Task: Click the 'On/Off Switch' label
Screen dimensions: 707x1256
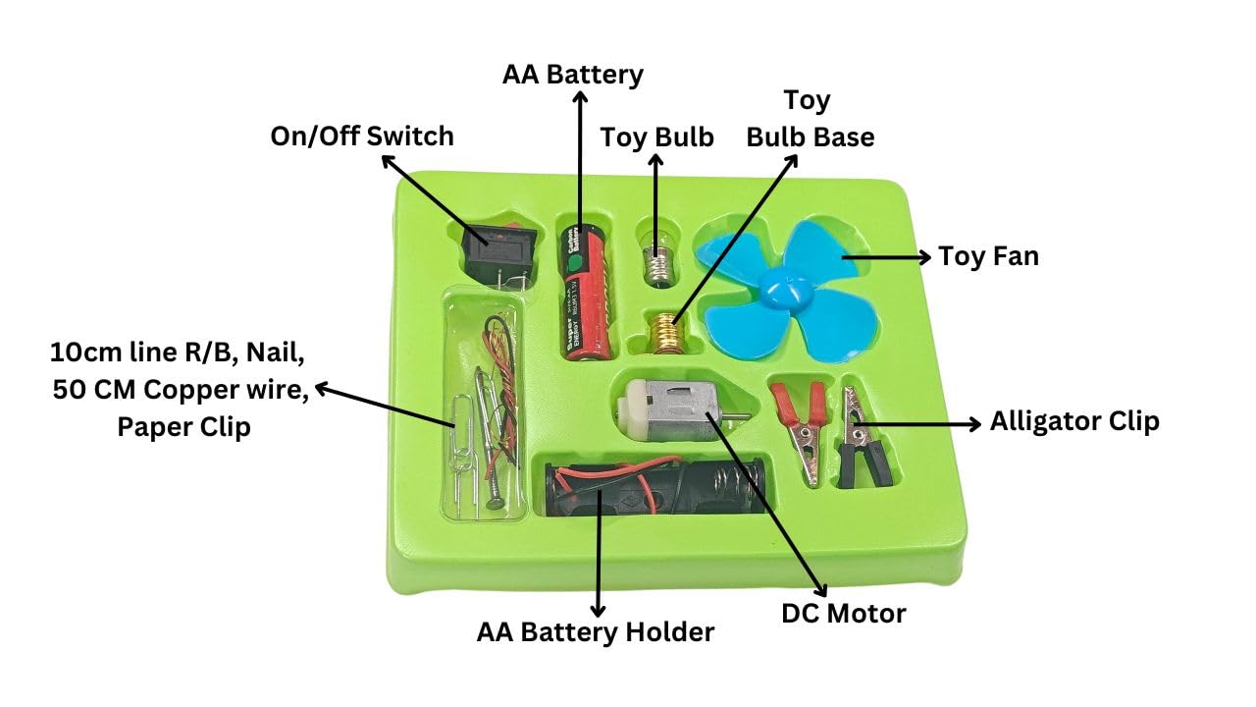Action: pos(362,136)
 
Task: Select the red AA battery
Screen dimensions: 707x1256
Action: pos(580,291)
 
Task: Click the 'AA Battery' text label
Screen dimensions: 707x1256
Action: pos(573,75)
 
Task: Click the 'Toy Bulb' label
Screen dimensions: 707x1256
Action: pos(656,136)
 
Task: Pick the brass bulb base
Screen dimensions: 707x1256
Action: pos(668,333)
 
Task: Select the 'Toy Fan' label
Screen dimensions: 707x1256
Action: pos(988,256)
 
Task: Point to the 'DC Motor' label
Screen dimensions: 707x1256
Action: pos(843,614)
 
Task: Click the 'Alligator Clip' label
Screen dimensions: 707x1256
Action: pos(1074,421)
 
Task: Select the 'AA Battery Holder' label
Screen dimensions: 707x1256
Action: pos(596,632)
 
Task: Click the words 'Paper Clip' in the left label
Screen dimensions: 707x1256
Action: pos(183,427)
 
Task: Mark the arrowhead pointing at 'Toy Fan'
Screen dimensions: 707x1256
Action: pos(924,257)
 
